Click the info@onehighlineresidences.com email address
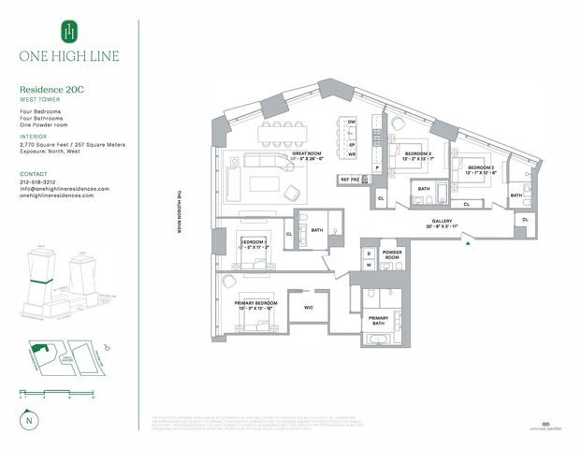(65, 189)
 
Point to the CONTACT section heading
(34, 174)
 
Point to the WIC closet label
(308, 306)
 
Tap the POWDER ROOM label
(392, 254)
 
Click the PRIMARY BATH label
(378, 319)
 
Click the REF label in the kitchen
(344, 179)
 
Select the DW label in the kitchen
(352, 123)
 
